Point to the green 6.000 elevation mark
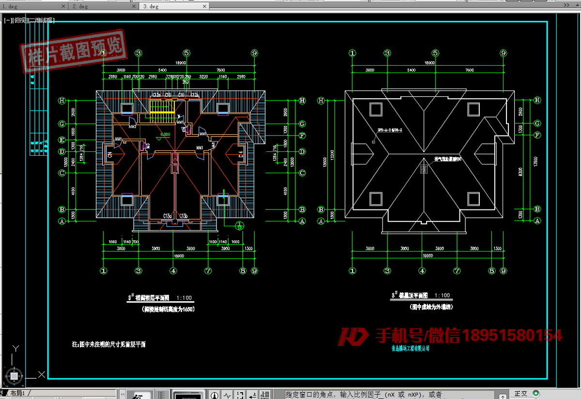[x=165, y=134]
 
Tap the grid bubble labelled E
[x=62, y=140]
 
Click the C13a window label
[x=168, y=215]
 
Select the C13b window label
[x=183, y=215]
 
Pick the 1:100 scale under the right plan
[x=442, y=296]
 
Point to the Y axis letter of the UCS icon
[x=15, y=348]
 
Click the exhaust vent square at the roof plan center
[x=424, y=169]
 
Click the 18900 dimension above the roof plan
[x=429, y=63]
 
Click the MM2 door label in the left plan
[x=131, y=127]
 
